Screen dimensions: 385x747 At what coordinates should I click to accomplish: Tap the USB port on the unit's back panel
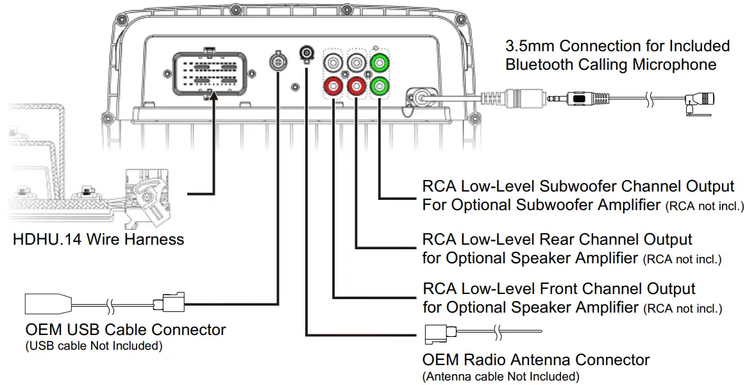click(278, 63)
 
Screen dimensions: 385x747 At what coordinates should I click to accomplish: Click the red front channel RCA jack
click(334, 85)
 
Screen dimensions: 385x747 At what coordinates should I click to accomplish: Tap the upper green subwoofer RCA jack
click(379, 63)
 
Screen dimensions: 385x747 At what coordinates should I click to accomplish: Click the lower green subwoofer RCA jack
click(379, 85)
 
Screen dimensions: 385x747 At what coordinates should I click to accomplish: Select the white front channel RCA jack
click(334, 63)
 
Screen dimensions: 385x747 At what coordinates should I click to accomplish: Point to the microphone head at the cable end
click(702, 100)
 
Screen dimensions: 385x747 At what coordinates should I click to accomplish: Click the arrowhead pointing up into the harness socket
click(213, 97)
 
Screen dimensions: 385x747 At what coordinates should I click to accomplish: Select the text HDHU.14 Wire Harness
click(98, 240)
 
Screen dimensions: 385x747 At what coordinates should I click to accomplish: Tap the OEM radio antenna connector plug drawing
click(441, 332)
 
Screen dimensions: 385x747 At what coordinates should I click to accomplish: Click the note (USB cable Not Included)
click(94, 347)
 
